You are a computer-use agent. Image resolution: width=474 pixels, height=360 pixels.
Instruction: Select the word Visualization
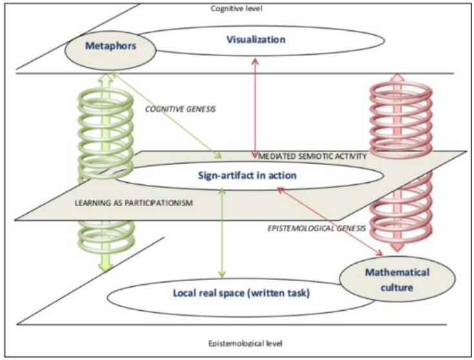256,39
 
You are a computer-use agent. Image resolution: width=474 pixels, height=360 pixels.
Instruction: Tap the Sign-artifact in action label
247,175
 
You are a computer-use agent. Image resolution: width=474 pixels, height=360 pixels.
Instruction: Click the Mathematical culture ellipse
397,279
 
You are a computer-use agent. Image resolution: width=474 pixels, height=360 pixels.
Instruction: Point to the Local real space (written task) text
242,293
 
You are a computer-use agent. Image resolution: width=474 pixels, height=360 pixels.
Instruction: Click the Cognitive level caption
236,8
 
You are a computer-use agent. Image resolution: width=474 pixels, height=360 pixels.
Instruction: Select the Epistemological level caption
245,343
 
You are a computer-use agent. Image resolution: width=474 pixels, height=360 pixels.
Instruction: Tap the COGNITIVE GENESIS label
180,109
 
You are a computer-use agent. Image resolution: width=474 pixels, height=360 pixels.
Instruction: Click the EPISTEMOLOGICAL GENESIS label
316,228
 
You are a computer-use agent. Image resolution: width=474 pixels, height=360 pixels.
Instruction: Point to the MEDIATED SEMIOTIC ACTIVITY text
313,156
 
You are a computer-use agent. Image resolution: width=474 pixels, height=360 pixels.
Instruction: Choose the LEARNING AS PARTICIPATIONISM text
134,203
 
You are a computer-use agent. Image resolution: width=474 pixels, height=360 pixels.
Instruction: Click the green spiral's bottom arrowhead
105,266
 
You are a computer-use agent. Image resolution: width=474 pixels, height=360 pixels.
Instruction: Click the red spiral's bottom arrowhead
398,248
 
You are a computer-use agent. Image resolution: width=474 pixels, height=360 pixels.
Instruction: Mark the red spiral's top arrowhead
398,77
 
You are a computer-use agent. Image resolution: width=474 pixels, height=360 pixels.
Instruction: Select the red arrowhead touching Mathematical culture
379,252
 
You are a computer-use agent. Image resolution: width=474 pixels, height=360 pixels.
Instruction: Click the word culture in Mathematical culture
397,288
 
